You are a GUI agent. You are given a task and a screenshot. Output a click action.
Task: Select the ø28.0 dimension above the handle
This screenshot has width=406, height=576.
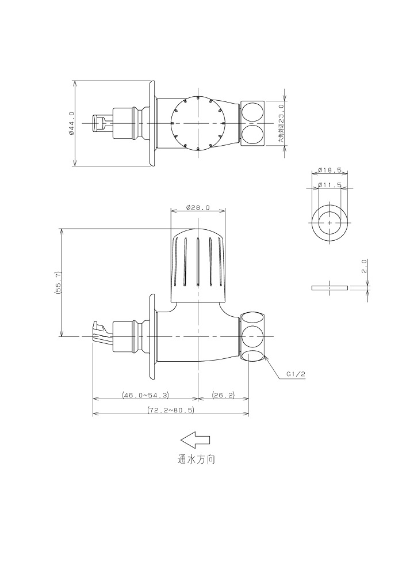[198, 207]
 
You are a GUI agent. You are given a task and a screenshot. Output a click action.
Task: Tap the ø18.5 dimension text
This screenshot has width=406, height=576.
[330, 170]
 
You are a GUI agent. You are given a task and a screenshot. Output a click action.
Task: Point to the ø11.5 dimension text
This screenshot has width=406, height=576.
[330, 185]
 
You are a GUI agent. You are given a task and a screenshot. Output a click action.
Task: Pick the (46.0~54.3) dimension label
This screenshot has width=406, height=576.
[145, 395]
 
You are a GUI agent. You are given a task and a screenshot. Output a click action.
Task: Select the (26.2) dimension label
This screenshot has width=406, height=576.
[223, 395]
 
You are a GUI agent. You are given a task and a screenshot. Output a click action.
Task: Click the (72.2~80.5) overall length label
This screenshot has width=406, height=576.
[171, 410]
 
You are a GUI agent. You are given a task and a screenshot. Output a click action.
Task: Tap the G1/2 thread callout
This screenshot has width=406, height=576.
[296, 374]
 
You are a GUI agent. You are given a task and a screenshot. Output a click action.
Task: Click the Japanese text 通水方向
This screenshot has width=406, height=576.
[197, 460]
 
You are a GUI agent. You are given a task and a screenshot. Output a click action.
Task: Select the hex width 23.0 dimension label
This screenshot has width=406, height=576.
[281, 123]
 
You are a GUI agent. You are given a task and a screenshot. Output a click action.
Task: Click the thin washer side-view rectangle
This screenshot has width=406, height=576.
[330, 287]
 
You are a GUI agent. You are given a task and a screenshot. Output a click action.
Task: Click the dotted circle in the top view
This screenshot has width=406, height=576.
[198, 123]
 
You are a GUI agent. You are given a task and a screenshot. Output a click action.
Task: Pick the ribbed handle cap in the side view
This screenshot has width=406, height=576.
[198, 265]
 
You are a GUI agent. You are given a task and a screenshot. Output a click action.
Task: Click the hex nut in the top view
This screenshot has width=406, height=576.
[252, 123]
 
